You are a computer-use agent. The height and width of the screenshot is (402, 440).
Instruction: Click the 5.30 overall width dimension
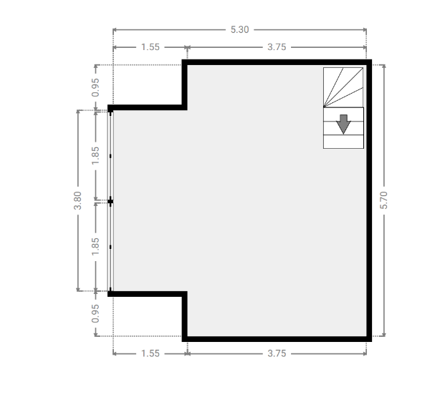[239, 30]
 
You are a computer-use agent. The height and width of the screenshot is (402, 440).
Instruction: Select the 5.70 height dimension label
[383, 200]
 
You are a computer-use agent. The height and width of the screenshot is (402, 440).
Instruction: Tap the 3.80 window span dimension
[77, 200]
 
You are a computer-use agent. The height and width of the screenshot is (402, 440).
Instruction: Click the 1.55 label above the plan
[150, 47]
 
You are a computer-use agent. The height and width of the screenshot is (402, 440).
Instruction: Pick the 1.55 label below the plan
[150, 353]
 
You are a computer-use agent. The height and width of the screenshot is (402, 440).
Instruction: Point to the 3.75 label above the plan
[277, 47]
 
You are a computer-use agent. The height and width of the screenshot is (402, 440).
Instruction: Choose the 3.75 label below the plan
[277, 353]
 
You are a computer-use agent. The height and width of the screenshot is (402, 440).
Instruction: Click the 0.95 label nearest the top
[95, 88]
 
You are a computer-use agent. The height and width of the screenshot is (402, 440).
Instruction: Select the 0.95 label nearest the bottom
[95, 313]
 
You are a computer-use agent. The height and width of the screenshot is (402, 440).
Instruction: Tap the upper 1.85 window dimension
[95, 155]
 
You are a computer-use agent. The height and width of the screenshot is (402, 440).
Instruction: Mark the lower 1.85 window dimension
[95, 247]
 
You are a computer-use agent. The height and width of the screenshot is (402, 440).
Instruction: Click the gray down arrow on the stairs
[343, 124]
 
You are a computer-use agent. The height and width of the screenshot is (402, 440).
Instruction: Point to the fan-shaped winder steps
[343, 87]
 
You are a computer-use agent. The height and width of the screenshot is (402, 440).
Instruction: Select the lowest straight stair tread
[343, 142]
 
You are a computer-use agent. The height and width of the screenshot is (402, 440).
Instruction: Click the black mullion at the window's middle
[110, 201]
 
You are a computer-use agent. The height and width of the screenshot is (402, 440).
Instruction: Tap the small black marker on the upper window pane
[110, 156]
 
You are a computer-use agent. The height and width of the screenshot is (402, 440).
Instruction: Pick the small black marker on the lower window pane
[110, 247]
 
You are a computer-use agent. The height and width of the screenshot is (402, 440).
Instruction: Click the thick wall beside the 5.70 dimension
[369, 200]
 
